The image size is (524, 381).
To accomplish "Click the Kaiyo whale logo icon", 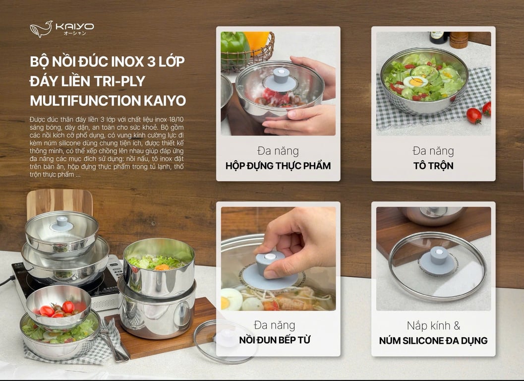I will [x=41, y=29].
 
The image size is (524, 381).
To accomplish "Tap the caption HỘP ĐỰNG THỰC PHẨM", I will [x=278, y=166].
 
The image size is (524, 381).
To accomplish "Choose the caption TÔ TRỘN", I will [x=433, y=166].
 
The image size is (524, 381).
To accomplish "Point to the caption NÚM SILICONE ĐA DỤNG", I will [x=433, y=340].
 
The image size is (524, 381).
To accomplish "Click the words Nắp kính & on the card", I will [x=433, y=326].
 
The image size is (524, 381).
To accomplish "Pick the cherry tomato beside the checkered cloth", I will [x=474, y=115].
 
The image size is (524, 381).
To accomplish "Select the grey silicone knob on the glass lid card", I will [x=438, y=256].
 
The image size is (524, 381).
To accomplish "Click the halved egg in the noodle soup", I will [x=231, y=299].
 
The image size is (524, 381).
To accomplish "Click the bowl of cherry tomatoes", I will [x=58, y=306].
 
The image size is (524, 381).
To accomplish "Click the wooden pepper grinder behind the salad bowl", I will [x=459, y=40].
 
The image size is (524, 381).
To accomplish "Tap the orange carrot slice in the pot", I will [x=162, y=267].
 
